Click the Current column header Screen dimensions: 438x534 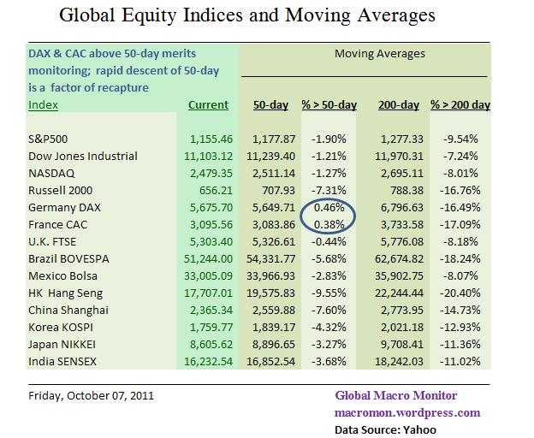click(208, 105)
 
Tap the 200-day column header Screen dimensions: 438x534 click(398, 105)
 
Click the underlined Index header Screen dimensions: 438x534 click(44, 105)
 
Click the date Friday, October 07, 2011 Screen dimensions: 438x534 click(86, 395)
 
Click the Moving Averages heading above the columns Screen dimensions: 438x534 click(379, 54)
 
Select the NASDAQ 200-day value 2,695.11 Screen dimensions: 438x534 click(399, 172)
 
